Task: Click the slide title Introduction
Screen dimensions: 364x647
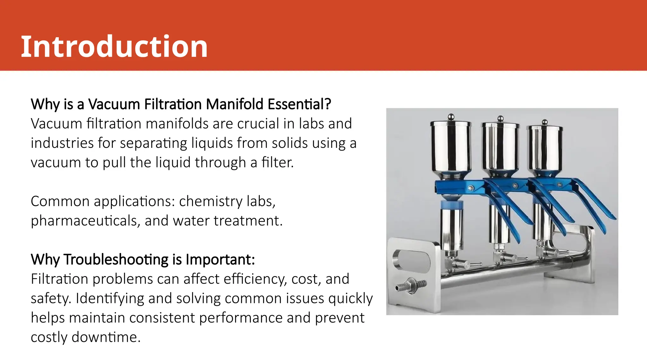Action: [114, 46]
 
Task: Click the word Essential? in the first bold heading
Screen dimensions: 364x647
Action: [299, 104]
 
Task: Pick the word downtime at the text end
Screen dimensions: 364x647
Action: [106, 337]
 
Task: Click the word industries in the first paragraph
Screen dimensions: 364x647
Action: [62, 143]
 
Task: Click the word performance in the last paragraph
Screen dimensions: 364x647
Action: [241, 318]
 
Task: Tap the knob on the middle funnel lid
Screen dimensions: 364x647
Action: [500, 118]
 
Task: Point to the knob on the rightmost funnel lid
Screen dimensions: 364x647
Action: [545, 122]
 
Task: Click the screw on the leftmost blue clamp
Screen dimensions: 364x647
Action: [471, 188]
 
